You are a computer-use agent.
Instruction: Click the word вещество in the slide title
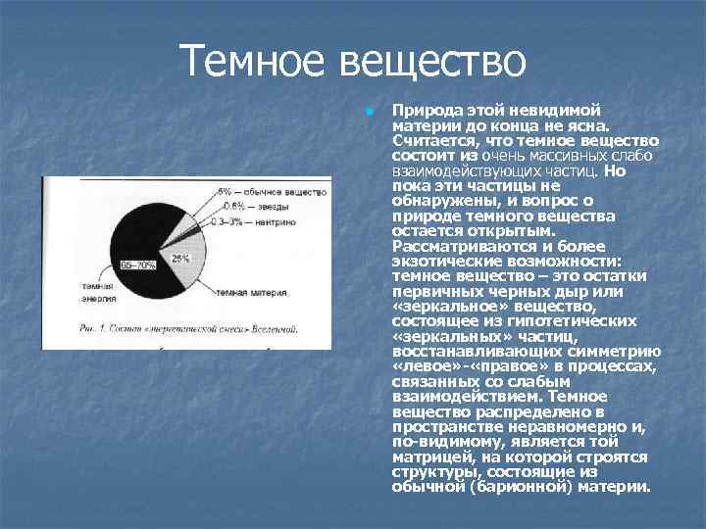(431, 64)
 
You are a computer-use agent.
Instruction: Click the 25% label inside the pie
(180, 259)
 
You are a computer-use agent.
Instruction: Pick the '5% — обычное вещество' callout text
(261, 191)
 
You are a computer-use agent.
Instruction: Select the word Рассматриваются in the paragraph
(454, 245)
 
